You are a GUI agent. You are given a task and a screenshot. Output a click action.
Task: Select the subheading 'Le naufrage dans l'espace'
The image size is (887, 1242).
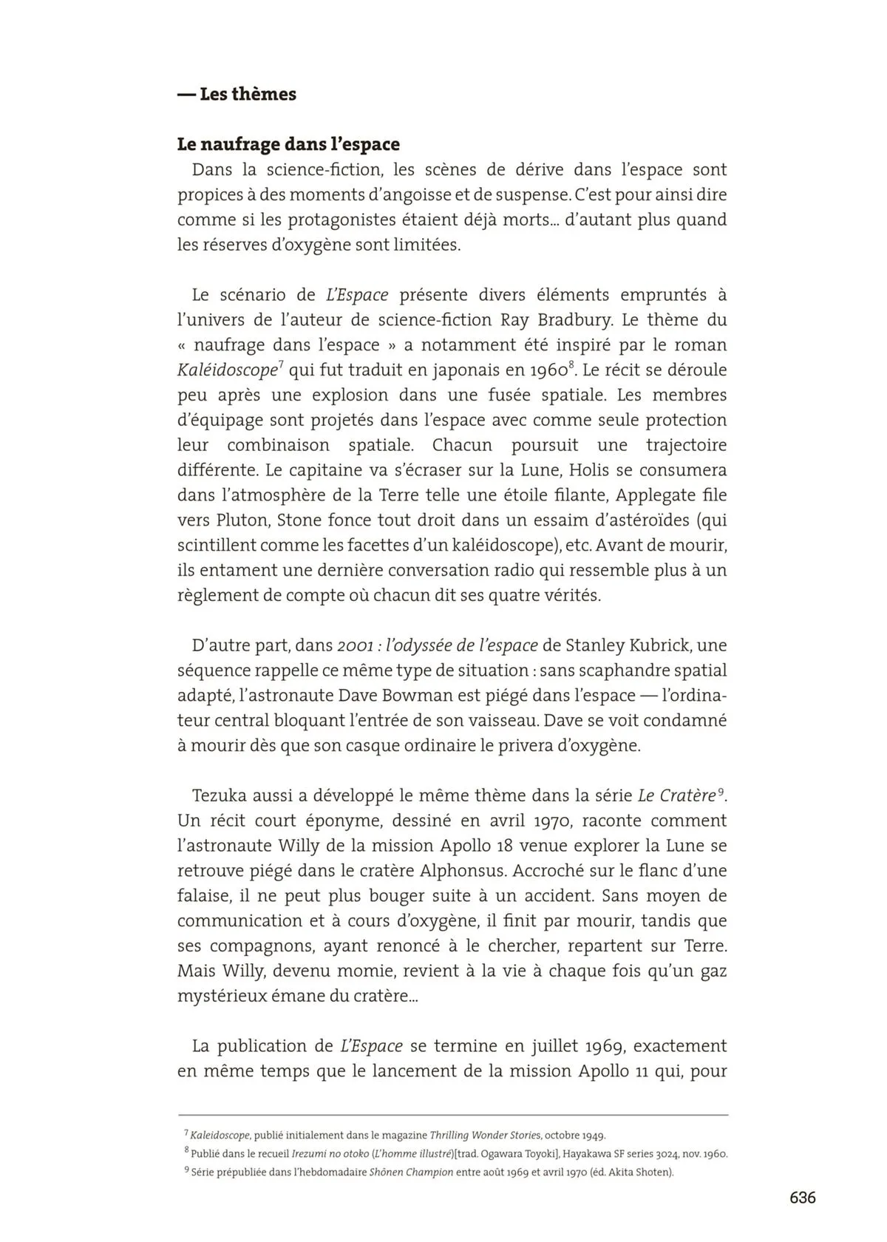288,144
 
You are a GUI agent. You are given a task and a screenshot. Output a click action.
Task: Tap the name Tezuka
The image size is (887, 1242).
220,796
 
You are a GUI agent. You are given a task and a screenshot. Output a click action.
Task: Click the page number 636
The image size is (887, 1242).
802,1198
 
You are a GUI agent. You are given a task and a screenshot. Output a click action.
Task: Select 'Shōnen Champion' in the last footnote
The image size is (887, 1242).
411,1173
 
